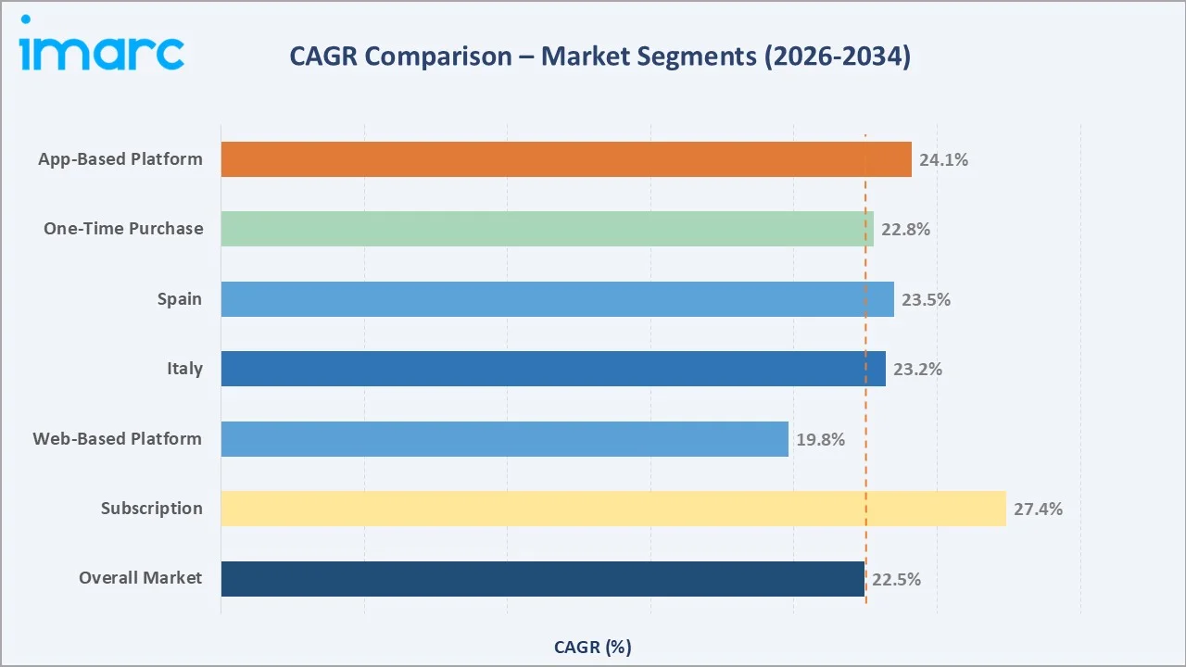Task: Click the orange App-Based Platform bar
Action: coord(565,159)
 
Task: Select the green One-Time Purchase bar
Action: coord(547,229)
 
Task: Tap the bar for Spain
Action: coord(557,299)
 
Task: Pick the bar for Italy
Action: coord(552,369)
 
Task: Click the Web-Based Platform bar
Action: coord(504,439)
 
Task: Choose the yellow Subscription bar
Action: coord(612,509)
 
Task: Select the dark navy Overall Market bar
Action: coord(542,579)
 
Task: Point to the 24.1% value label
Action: coord(943,160)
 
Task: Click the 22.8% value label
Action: coord(905,230)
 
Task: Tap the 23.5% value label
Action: coord(926,300)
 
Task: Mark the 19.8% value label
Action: coord(820,440)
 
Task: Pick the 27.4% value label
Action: coord(1038,510)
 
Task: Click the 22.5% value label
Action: coord(896,580)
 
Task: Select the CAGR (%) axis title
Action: coord(592,648)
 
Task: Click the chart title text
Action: coord(599,57)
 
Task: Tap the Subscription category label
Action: coord(152,509)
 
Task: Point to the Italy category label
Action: coord(184,369)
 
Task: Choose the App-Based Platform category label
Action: coord(120,159)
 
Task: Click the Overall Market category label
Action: coord(140,578)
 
